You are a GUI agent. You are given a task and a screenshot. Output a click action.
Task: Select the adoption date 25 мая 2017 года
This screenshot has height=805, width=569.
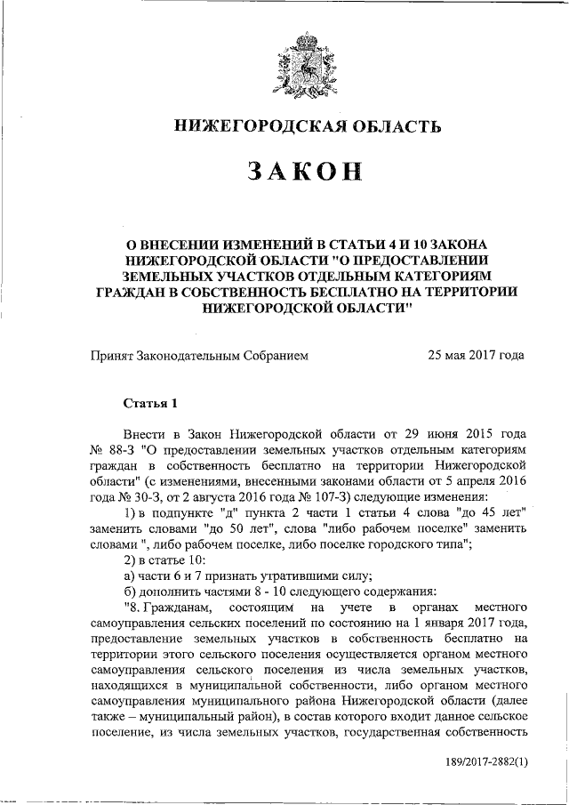tap(476, 356)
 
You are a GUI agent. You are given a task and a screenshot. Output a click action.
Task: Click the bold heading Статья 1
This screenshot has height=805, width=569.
tap(150, 403)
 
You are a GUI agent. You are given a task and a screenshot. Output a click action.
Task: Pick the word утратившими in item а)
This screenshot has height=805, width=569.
tap(282, 574)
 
